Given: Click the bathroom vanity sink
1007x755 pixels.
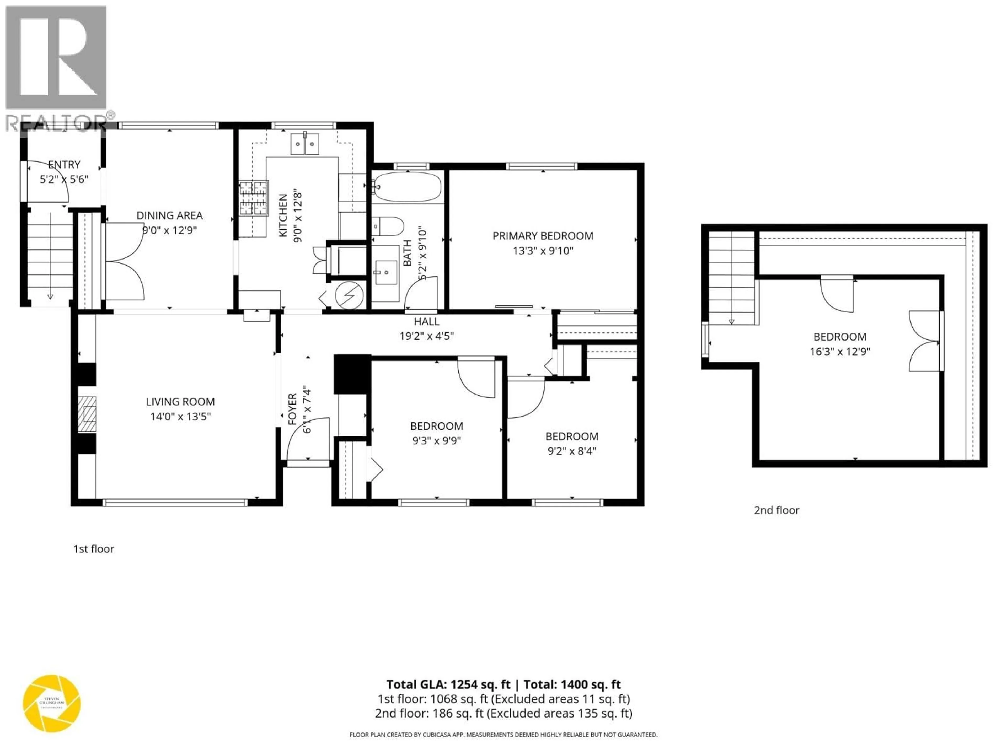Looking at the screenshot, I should click(x=386, y=272).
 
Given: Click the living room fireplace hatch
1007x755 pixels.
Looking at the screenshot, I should click(x=87, y=413).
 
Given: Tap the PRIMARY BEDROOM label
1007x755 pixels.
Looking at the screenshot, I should click(x=543, y=236).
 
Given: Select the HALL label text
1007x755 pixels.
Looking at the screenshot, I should click(x=427, y=321).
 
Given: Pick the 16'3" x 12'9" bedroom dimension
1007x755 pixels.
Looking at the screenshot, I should click(x=840, y=351).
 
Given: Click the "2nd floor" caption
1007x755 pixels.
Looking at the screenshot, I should click(x=776, y=510).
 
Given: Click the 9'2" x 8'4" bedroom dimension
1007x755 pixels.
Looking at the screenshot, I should click(x=572, y=451).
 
